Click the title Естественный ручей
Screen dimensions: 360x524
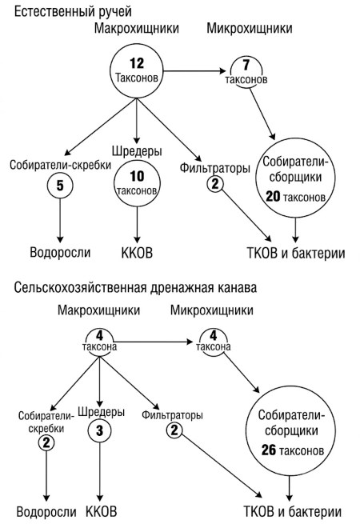pos(73,12)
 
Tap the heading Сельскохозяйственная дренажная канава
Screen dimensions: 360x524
pos(135,287)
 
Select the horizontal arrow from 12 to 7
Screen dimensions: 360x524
pos(194,71)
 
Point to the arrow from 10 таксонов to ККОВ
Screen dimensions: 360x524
pos(137,225)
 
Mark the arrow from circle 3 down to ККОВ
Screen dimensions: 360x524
pos(100,472)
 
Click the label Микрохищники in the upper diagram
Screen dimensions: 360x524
pos(250,29)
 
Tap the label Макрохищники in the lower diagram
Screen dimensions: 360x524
pos(99,310)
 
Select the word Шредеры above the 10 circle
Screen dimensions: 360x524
pos(137,151)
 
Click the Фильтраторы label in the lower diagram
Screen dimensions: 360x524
pos(172,415)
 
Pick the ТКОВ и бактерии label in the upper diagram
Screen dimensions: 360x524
pos(296,253)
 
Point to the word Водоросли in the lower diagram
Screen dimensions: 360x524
pos(46,512)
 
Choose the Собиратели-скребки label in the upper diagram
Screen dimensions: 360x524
pos(61,165)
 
